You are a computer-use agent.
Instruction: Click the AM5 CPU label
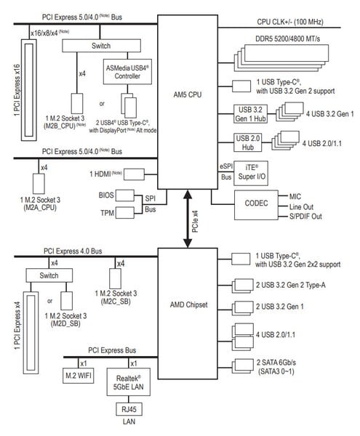tap(187, 94)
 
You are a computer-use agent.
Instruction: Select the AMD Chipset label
tap(188, 304)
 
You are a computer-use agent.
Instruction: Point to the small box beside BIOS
tap(125, 195)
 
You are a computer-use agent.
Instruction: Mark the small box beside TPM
tap(125, 213)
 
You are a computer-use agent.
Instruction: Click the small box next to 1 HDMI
tap(134, 174)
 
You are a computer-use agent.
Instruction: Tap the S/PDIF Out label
tap(305, 217)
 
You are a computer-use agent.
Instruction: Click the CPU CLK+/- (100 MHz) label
tap(290, 22)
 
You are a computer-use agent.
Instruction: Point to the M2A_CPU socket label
tap(40, 207)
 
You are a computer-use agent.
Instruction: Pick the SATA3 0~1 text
tap(276, 371)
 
